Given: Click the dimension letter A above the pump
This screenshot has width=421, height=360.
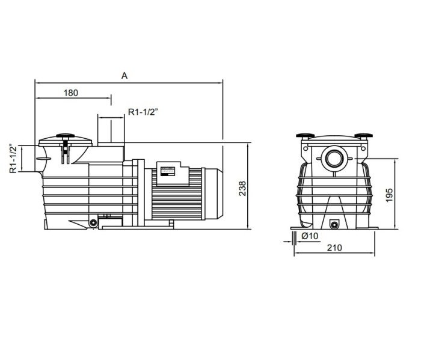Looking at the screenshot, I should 124,76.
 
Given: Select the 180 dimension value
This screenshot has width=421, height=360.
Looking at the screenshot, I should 71,93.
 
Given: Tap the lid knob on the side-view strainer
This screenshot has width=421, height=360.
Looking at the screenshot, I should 64,136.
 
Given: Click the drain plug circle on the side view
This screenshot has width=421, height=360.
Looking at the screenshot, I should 93,224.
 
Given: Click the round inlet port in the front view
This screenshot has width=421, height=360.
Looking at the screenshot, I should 334,159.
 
